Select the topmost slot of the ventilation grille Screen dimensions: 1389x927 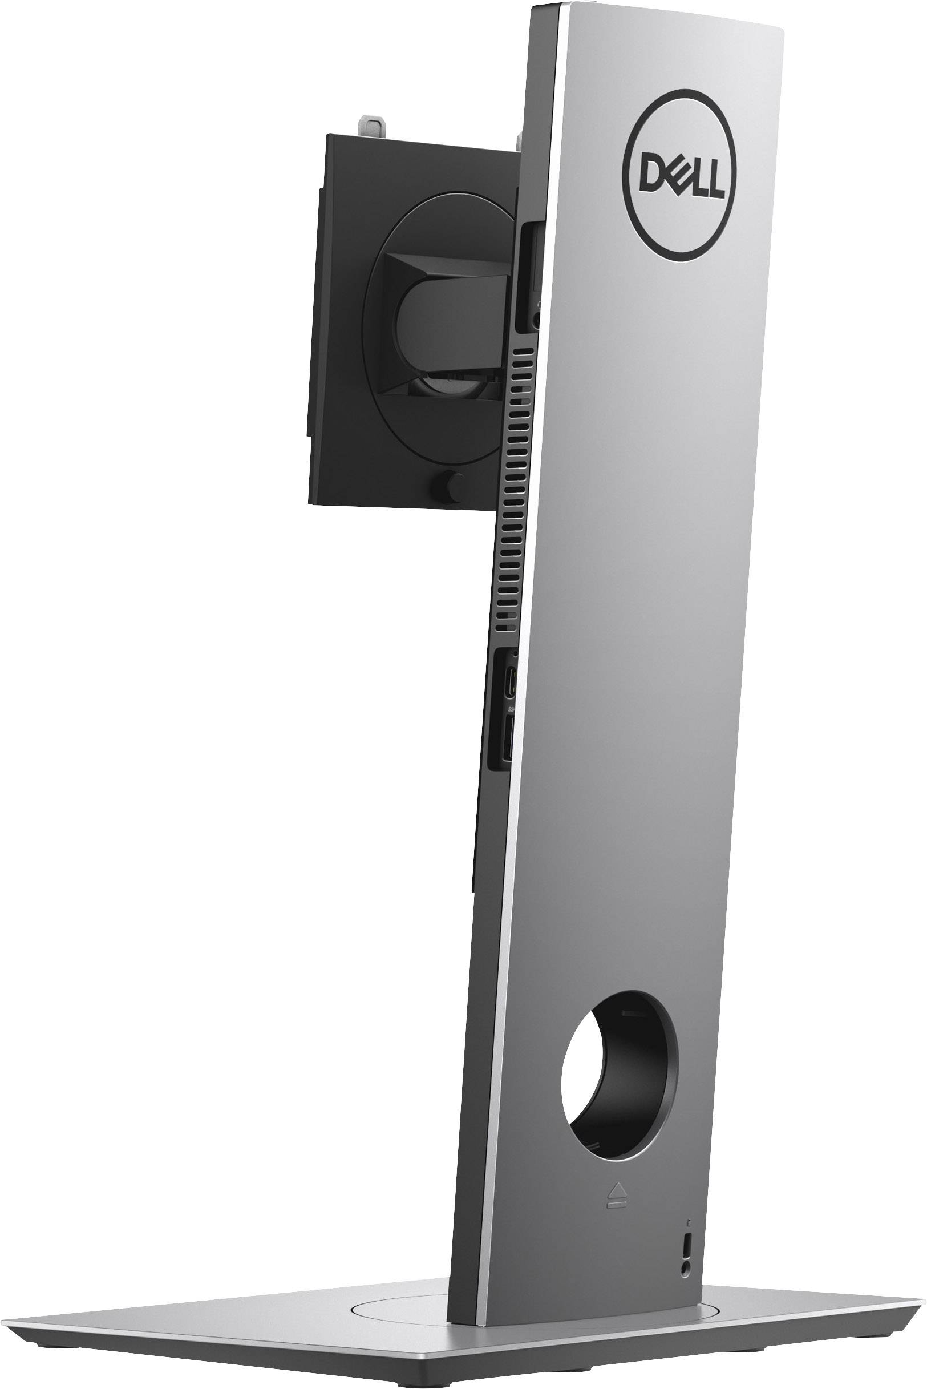click(521, 350)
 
